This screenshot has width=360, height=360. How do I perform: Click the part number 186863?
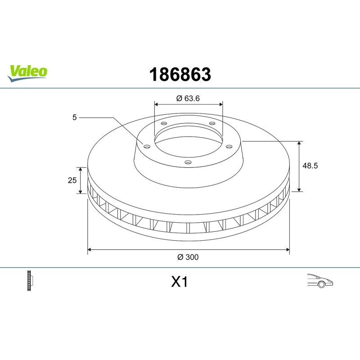[x=180, y=75]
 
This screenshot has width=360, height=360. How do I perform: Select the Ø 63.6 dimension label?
[x=188, y=99]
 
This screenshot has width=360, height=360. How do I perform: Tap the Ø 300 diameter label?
[x=188, y=257]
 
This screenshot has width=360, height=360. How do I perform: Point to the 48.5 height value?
[x=310, y=166]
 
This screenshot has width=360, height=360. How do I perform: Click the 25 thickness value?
[x=71, y=180]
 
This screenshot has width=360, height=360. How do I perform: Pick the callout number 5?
[x=75, y=117]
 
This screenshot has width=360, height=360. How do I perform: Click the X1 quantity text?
[x=179, y=282]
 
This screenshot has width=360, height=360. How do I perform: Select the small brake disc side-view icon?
[x=31, y=281]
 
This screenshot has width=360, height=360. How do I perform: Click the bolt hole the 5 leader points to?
[x=147, y=145]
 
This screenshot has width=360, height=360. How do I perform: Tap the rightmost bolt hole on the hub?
[x=229, y=146]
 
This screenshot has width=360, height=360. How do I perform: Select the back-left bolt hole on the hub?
[x=164, y=124]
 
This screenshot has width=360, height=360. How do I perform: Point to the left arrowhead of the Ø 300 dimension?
[x=90, y=248]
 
